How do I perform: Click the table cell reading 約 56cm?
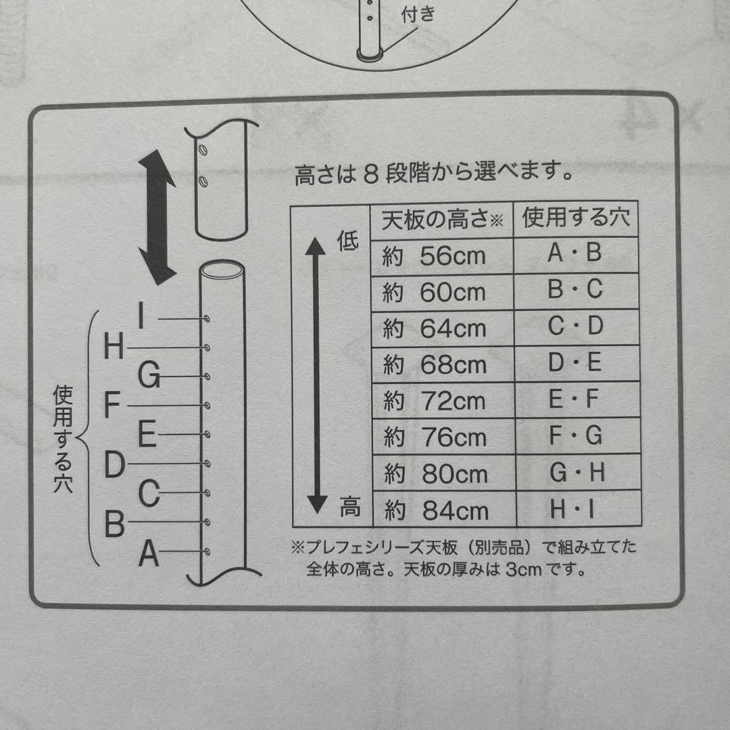(x=443, y=255)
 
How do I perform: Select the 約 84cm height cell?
(x=443, y=510)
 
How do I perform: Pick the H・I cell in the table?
(x=576, y=509)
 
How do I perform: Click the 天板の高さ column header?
(x=443, y=220)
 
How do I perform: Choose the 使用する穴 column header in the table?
(x=576, y=218)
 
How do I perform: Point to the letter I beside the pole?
(x=141, y=316)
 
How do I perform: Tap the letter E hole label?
(x=147, y=435)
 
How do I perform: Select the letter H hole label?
(x=114, y=348)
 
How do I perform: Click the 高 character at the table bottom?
(x=349, y=506)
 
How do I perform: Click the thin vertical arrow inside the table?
(x=316, y=375)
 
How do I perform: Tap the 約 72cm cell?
(x=443, y=401)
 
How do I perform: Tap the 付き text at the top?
(x=418, y=14)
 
